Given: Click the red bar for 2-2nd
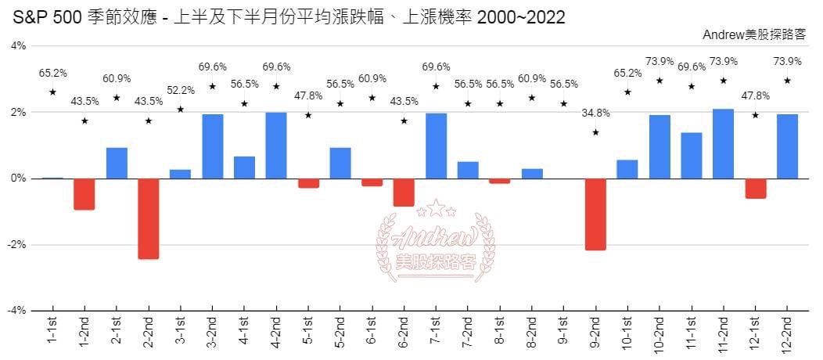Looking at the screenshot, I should click(x=148, y=218).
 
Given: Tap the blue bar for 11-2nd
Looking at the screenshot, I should click(x=723, y=143).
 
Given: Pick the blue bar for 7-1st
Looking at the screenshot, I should click(x=436, y=146).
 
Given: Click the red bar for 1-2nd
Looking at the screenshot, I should click(x=84, y=194).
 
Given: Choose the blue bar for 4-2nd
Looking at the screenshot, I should click(x=276, y=145).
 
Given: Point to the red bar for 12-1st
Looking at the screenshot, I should click(x=755, y=189).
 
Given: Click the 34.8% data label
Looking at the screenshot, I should click(x=595, y=113).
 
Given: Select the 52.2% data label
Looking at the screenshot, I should click(x=180, y=91).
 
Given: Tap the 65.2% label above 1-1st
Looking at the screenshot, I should click(x=52, y=74).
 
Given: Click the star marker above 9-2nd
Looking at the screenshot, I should click(x=595, y=132).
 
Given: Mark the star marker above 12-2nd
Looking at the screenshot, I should click(x=787, y=81).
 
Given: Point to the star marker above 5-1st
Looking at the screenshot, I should click(x=308, y=116).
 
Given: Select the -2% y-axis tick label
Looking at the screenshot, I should click(x=17, y=244).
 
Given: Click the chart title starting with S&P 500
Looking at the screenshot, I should click(x=289, y=17).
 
